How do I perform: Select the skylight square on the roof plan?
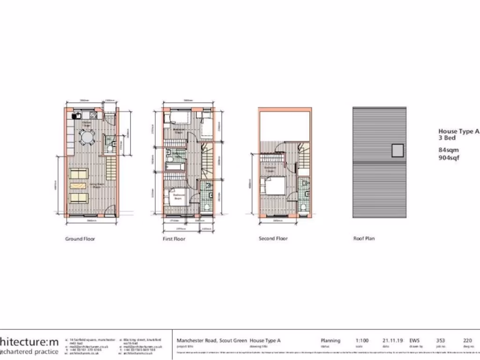397,150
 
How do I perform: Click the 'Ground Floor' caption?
80,239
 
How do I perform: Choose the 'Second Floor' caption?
273,239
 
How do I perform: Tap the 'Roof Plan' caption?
364,239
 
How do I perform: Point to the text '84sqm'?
448,150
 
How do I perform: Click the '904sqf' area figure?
449,158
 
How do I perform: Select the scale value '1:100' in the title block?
362,341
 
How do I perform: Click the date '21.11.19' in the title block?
392,341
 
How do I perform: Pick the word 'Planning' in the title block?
330,341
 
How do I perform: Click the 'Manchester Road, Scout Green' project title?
211,341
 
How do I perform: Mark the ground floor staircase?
111,166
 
